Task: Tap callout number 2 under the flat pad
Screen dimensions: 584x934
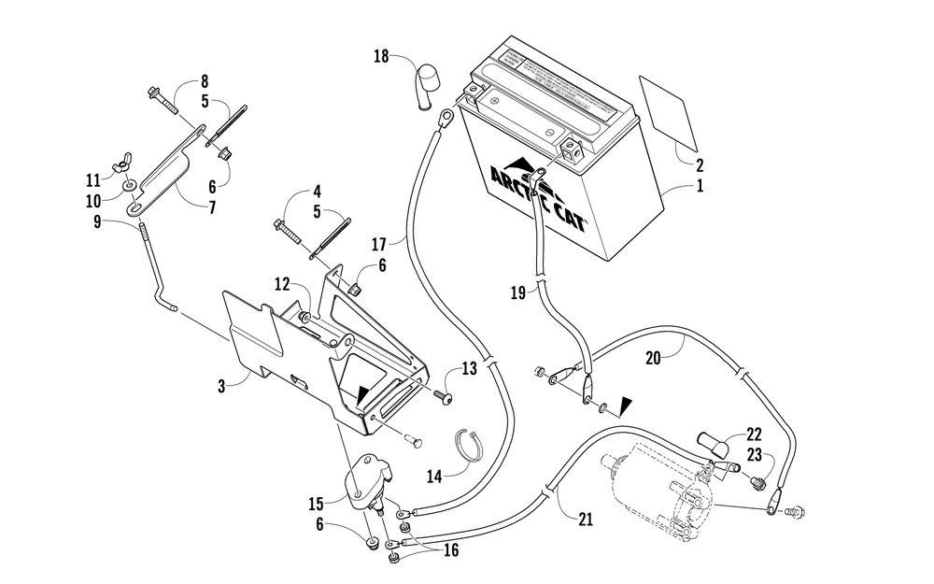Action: click(698, 164)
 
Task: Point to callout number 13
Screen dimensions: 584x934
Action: click(470, 368)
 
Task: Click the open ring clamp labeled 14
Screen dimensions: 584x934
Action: click(474, 443)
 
